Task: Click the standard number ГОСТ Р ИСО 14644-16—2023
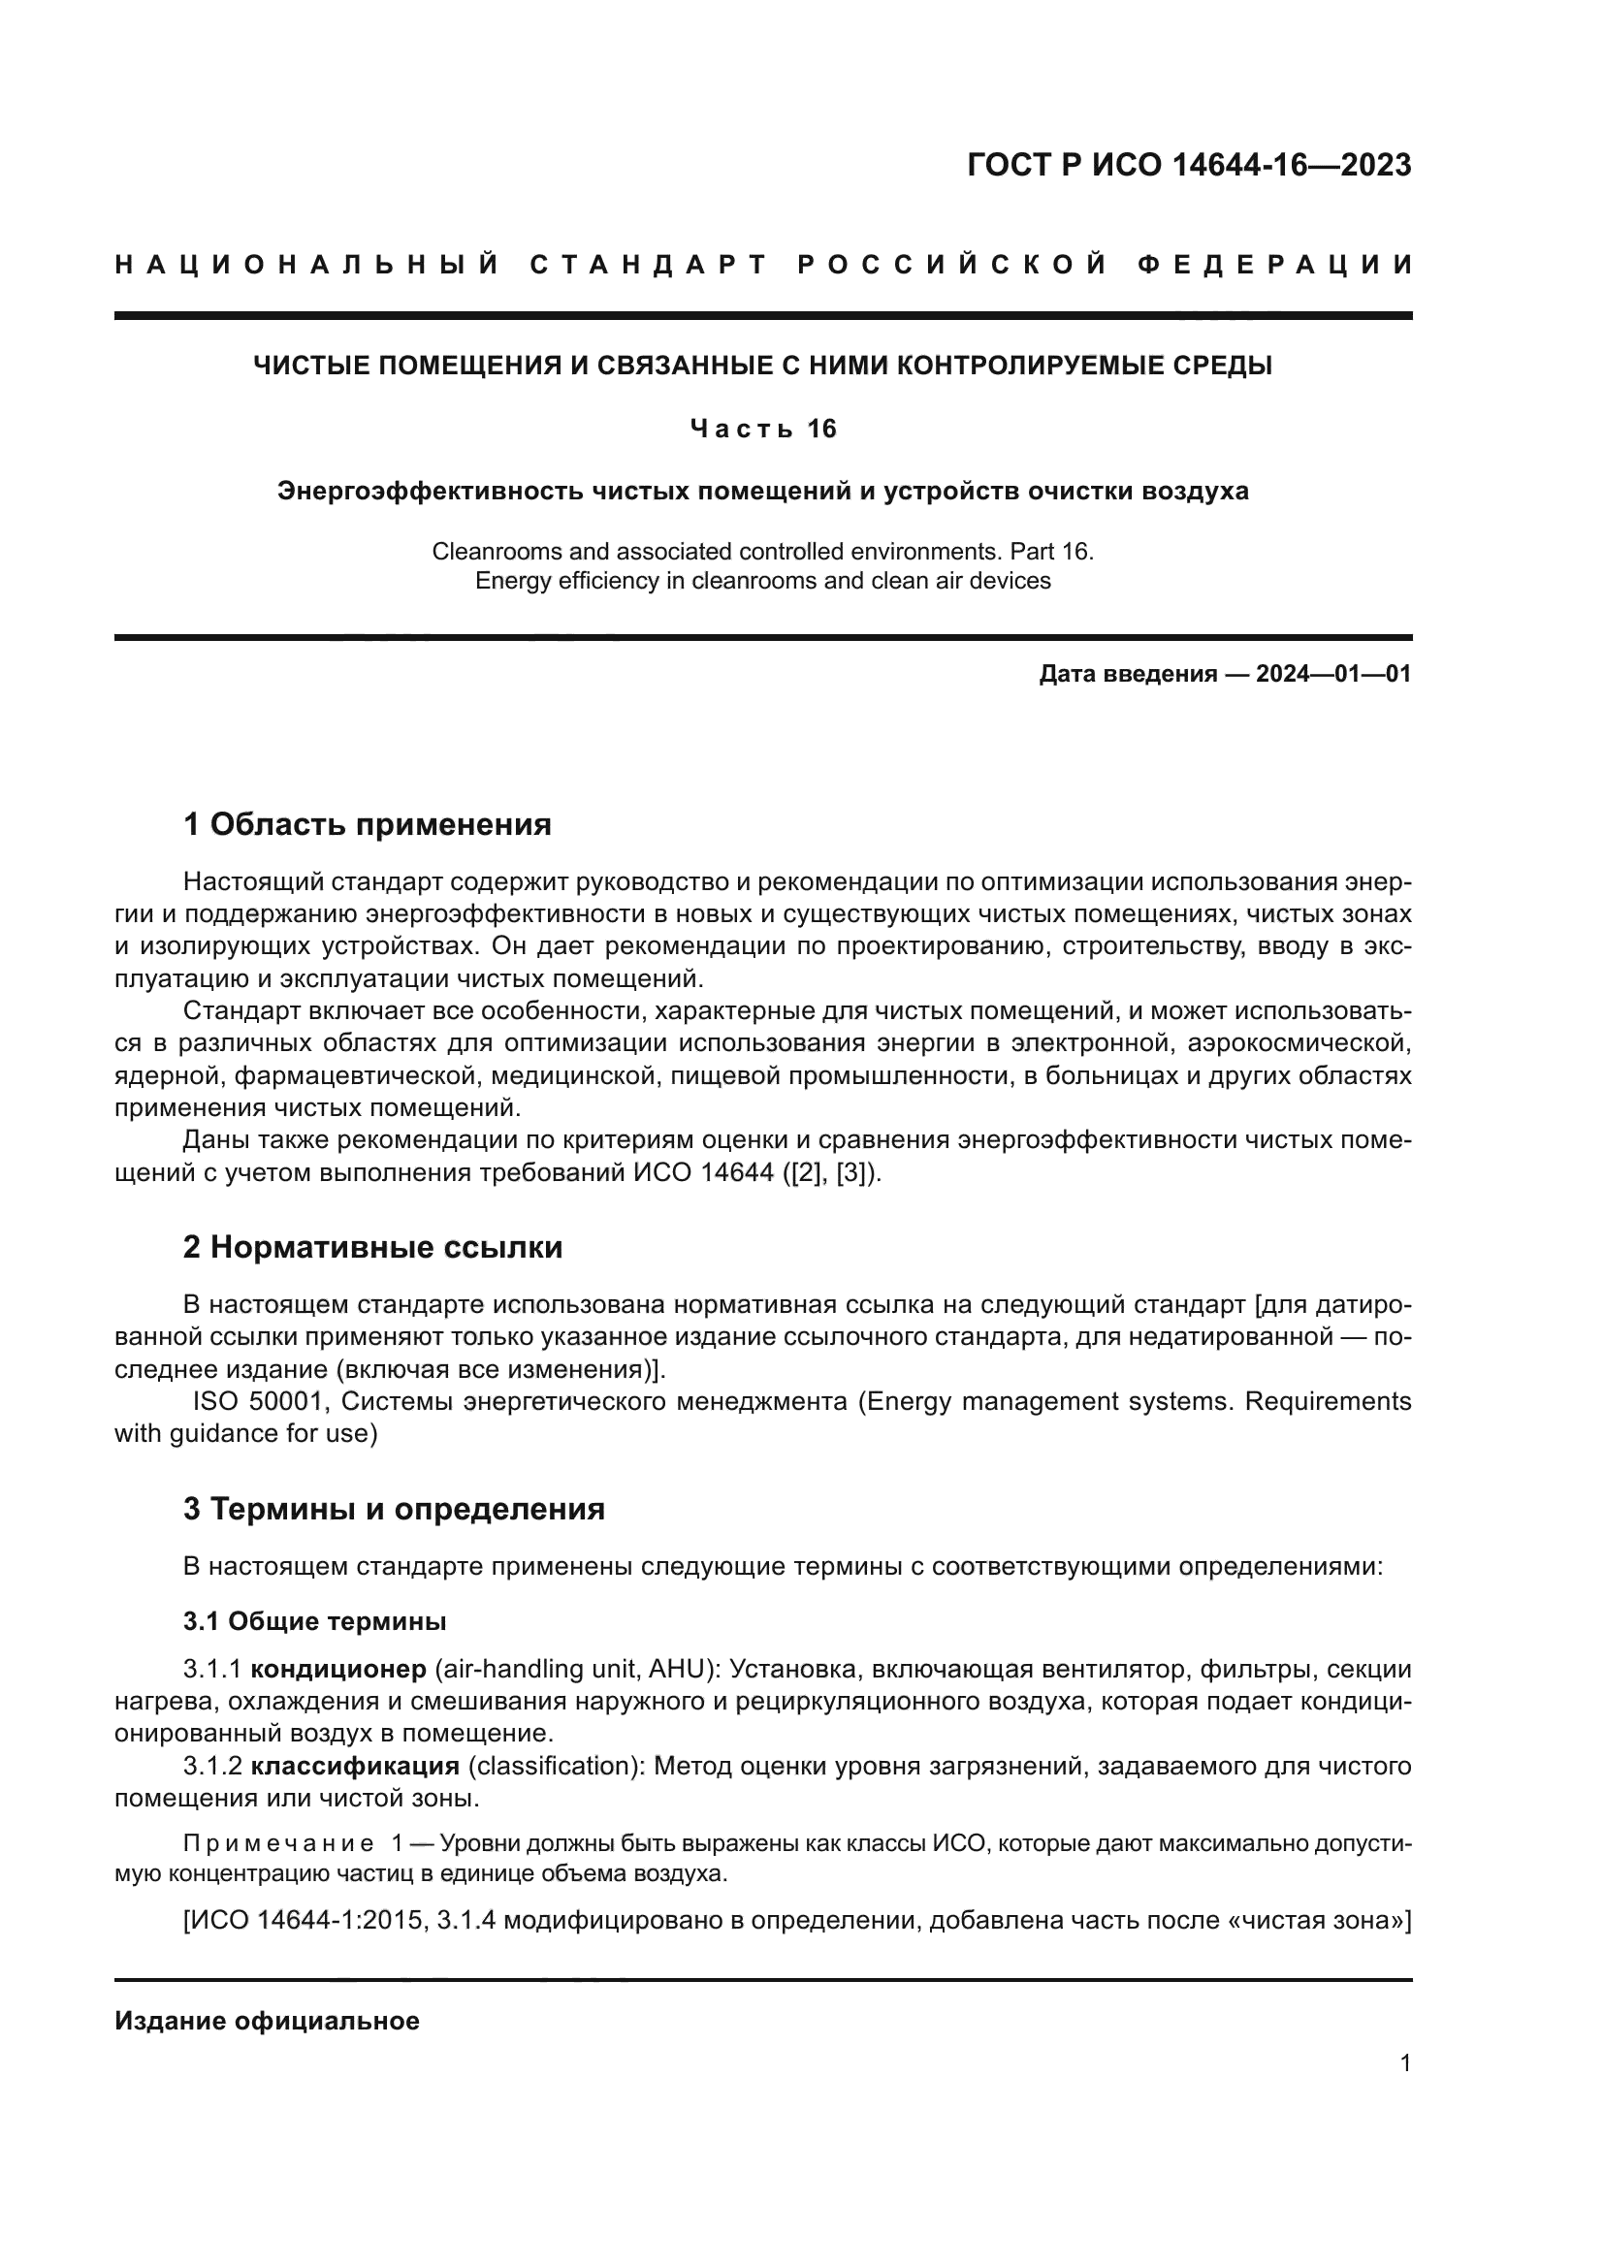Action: click(x=1188, y=165)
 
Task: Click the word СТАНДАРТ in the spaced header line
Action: click(x=649, y=265)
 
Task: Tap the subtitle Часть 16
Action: click(x=762, y=429)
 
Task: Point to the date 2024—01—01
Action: click(x=1333, y=675)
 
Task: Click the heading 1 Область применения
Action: click(x=367, y=824)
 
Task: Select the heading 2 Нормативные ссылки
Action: click(x=372, y=1247)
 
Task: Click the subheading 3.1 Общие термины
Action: click(x=314, y=1622)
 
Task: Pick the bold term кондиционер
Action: click(x=337, y=1670)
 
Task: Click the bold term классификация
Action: click(x=355, y=1766)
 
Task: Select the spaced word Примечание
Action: click(x=277, y=1843)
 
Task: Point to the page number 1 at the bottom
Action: click(x=1404, y=2063)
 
